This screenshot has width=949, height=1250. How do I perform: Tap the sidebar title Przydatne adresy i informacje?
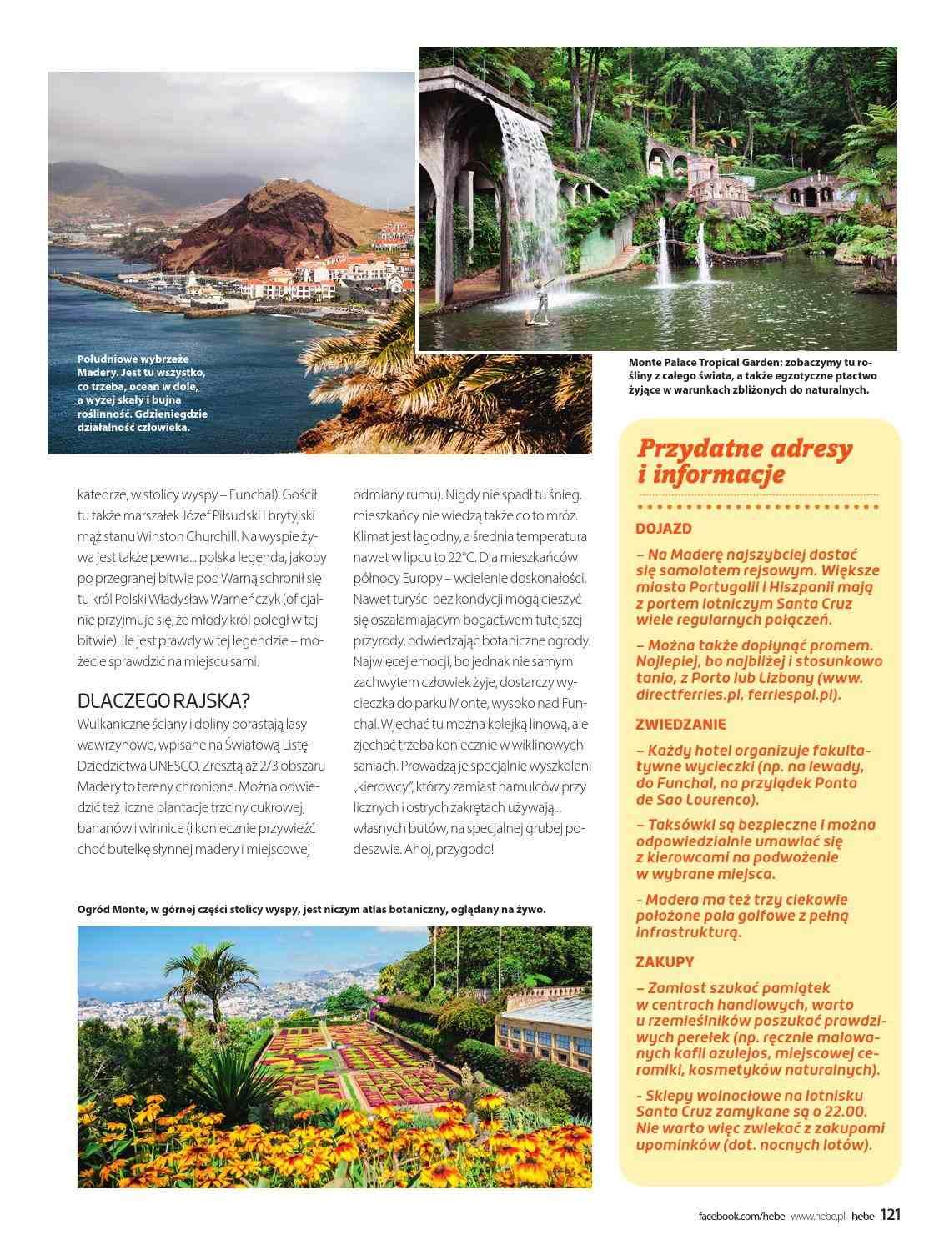coord(745,461)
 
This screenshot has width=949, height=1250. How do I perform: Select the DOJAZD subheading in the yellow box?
coord(664,528)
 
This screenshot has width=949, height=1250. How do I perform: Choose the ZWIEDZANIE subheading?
coord(680,724)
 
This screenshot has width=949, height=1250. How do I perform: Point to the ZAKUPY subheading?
coord(665,961)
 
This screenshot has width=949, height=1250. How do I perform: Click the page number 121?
coord(891,1215)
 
